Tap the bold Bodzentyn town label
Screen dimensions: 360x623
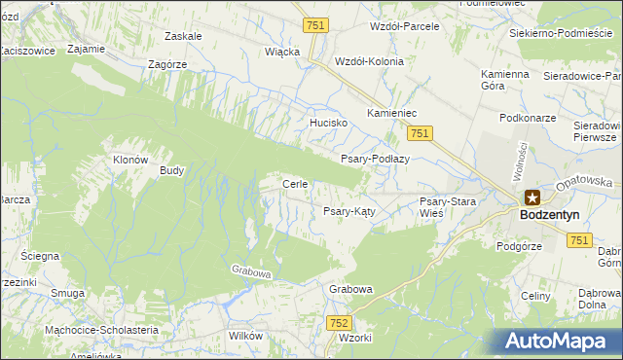click(550, 214)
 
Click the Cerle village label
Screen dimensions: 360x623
click(295, 184)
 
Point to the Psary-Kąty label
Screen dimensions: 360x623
click(349, 210)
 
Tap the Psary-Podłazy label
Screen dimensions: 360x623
click(376, 159)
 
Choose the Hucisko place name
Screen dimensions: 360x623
click(328, 124)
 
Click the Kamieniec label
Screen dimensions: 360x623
click(391, 114)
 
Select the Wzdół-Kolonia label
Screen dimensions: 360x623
click(368, 60)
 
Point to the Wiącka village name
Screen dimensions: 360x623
click(282, 52)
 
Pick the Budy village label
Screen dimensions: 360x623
click(171, 170)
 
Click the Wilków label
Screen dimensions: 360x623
click(244, 336)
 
